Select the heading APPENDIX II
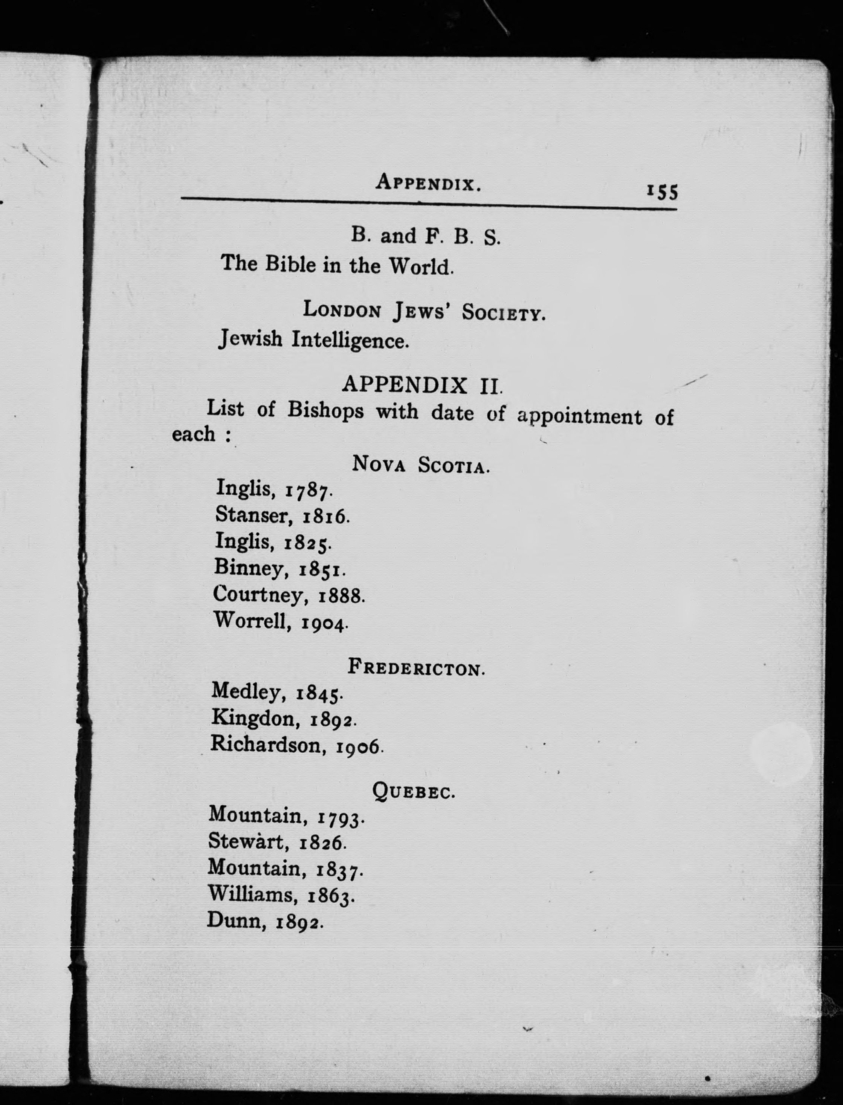[421, 385]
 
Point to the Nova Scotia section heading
[420, 464]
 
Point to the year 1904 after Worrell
[324, 623]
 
